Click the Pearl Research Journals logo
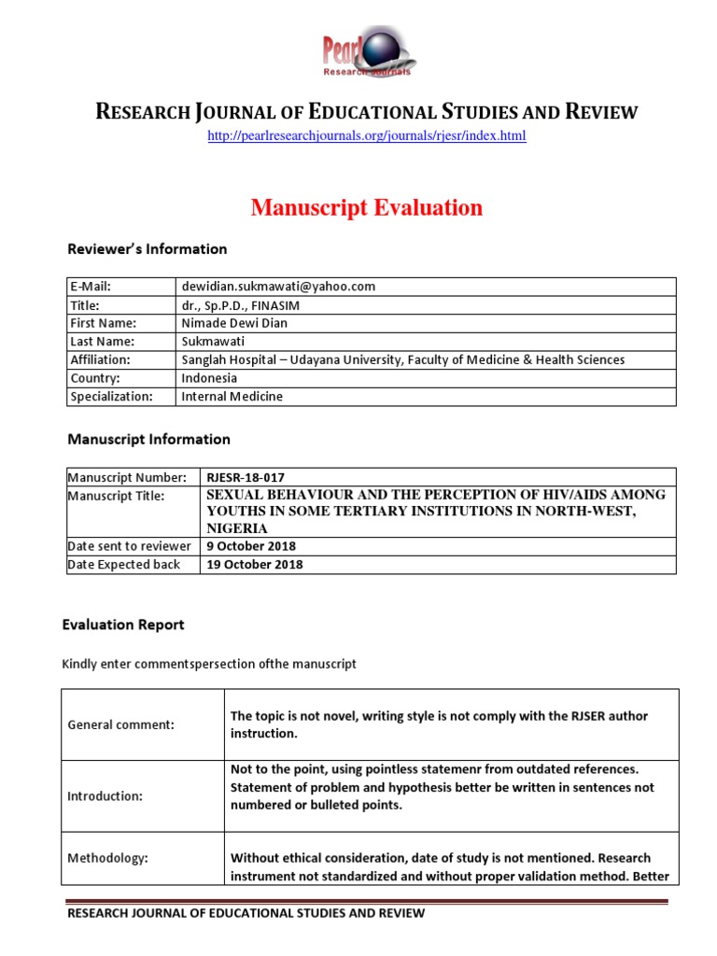[x=368, y=52]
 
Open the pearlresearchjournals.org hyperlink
[x=366, y=136]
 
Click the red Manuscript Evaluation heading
[x=366, y=208]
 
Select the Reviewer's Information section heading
[x=147, y=249]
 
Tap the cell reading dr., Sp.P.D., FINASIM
[x=241, y=304]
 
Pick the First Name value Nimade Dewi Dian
[x=234, y=323]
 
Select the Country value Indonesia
[x=209, y=378]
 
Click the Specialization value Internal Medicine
[x=232, y=396]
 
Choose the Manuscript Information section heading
[x=148, y=439]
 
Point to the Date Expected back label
[x=125, y=565]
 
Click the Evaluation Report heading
[x=122, y=625]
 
